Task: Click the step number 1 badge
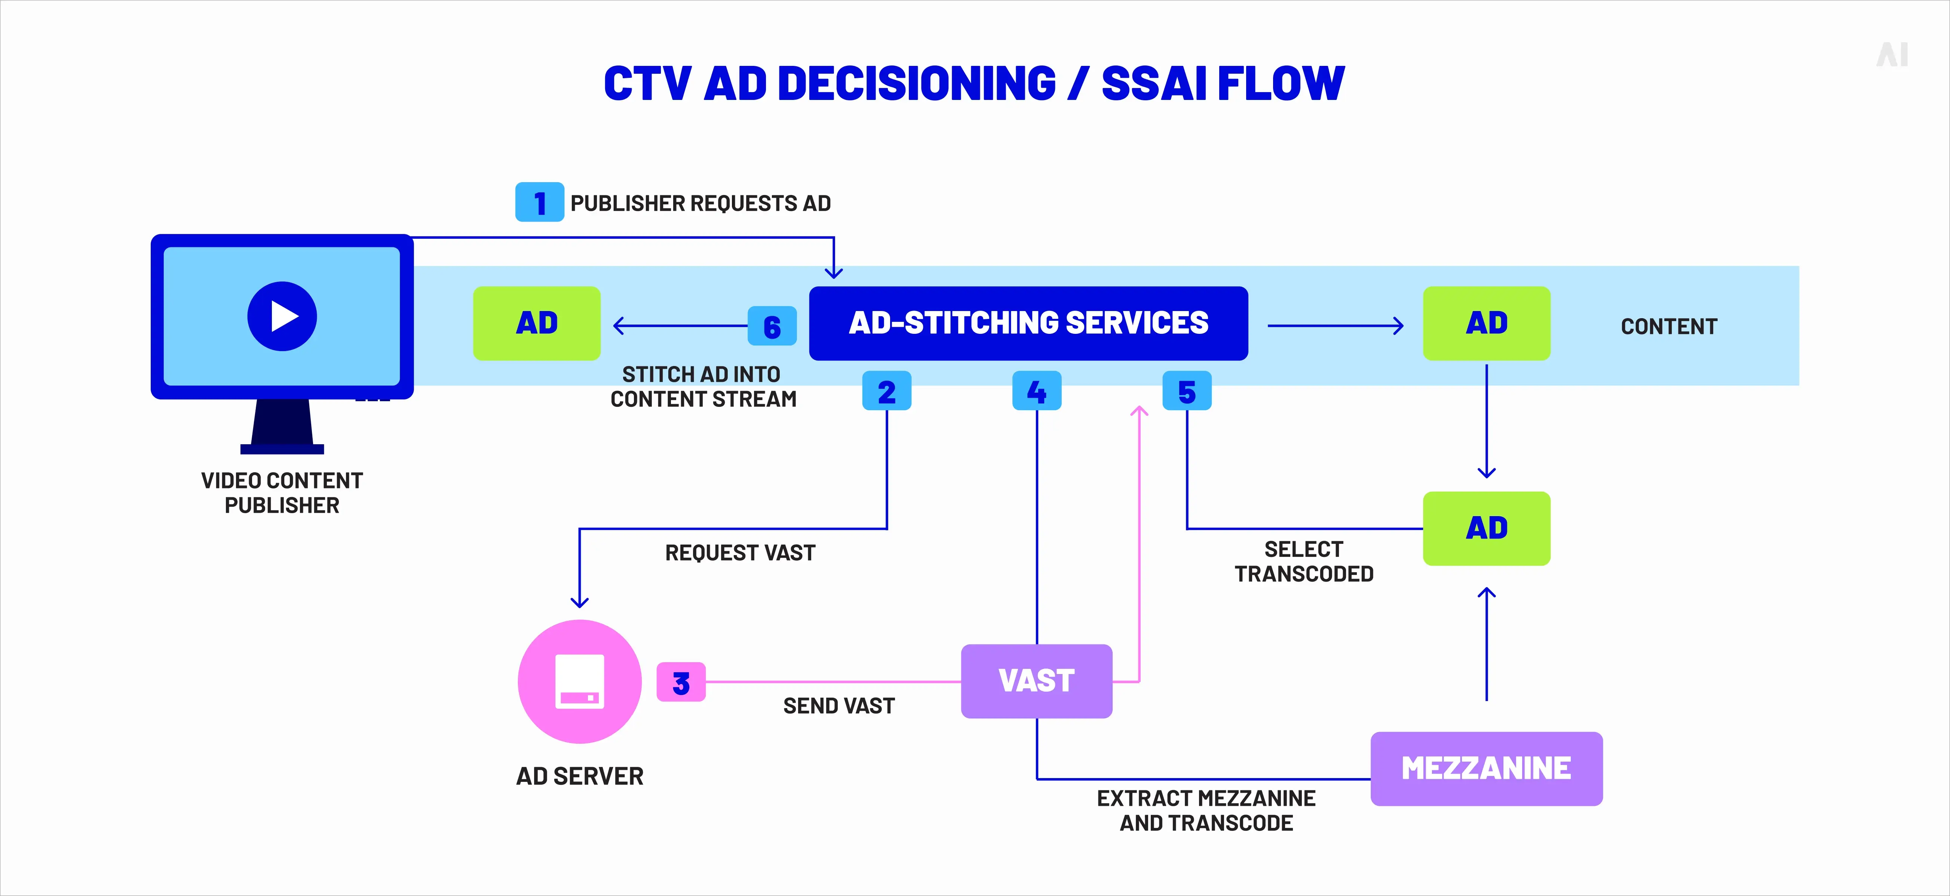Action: click(x=539, y=202)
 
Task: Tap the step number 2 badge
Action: click(x=886, y=391)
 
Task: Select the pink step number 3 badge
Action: click(x=681, y=682)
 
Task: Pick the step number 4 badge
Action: click(x=1036, y=391)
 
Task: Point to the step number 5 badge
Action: click(x=1186, y=391)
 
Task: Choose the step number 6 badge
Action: click(x=772, y=326)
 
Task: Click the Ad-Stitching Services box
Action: click(x=1028, y=323)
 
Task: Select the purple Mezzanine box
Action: click(x=1486, y=768)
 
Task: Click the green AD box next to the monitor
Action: click(x=537, y=323)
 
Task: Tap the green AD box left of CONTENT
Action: click(x=1486, y=323)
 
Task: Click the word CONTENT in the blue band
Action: click(x=1668, y=326)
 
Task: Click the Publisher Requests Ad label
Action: click(x=700, y=203)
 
